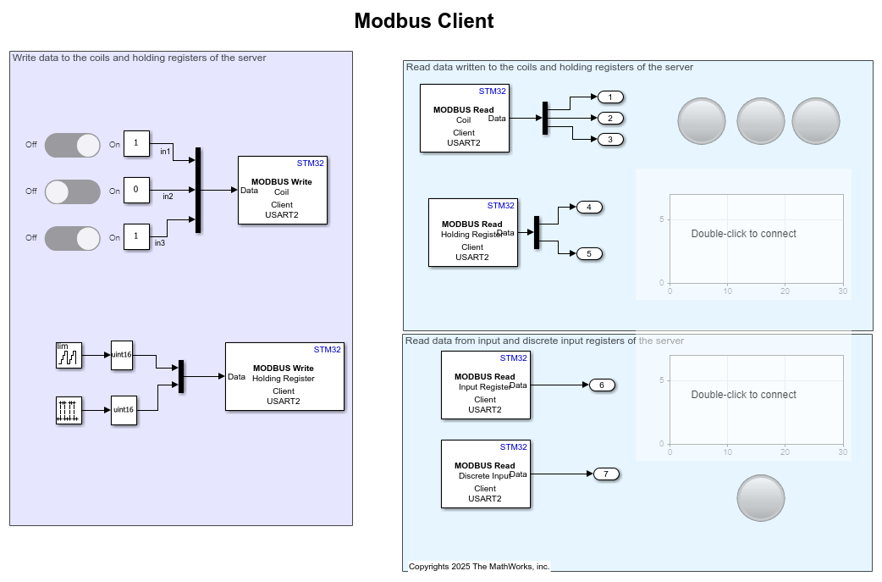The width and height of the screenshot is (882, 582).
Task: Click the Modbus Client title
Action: coord(423,21)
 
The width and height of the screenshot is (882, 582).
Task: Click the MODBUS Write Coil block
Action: coord(282,190)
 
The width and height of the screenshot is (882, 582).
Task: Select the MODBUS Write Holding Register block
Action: coord(284,376)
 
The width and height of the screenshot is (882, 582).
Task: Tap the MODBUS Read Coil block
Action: coord(464,118)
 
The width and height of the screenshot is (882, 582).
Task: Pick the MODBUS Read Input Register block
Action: coord(485,385)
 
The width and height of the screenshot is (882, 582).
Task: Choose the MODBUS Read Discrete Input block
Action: coord(485,474)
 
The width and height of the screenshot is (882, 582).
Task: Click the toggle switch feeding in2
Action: coord(72,191)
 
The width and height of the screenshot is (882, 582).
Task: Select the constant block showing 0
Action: coord(136,191)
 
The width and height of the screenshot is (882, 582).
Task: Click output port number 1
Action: coord(610,97)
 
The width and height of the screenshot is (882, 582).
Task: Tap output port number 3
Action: coord(610,139)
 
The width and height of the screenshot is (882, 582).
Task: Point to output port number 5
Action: coord(589,253)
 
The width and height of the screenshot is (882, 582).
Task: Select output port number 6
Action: coord(602,385)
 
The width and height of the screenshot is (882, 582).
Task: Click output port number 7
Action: coord(606,474)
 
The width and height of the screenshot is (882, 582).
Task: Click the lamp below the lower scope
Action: coord(761,498)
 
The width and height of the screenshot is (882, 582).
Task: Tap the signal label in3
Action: coord(160,243)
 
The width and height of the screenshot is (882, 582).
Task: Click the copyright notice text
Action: coord(479,566)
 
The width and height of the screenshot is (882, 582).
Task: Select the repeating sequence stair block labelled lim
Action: coord(69,355)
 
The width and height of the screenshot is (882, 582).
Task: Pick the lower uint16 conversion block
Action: coord(124,410)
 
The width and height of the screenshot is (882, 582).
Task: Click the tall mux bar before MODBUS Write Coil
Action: coord(198,190)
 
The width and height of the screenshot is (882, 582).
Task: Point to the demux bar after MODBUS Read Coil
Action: coord(545,118)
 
